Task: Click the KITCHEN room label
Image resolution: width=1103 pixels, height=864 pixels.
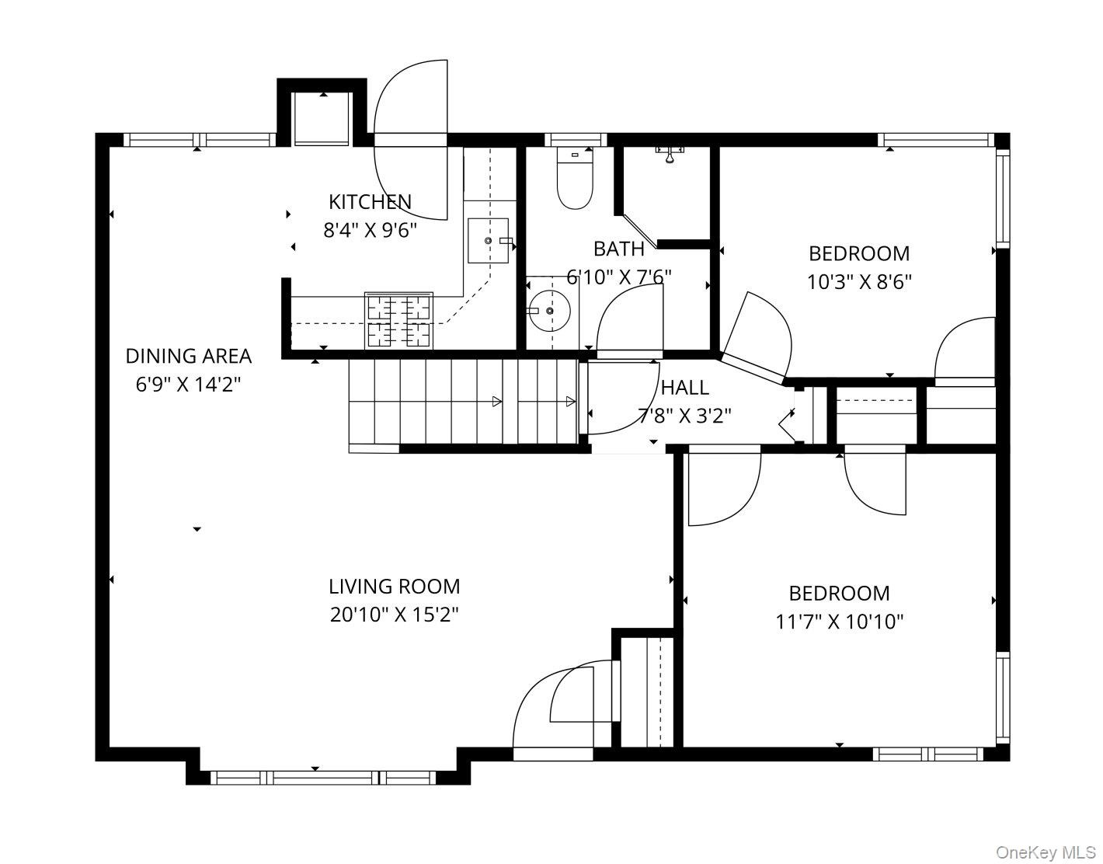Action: (x=370, y=202)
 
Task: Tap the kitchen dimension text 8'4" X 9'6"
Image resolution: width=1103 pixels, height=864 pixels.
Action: (x=370, y=231)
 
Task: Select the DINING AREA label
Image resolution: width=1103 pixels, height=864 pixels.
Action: (x=188, y=357)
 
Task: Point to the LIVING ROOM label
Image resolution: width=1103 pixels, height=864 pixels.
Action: (x=394, y=587)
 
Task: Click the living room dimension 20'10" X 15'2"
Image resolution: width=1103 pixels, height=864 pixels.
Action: (x=394, y=615)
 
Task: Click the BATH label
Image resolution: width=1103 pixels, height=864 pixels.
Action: (x=619, y=249)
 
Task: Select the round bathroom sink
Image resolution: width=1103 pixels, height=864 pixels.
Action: (x=550, y=310)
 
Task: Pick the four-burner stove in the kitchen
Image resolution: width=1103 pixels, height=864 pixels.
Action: (x=399, y=321)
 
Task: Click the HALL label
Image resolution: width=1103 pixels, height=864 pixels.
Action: (x=685, y=388)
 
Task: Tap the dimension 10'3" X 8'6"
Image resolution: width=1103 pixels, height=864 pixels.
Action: (x=859, y=282)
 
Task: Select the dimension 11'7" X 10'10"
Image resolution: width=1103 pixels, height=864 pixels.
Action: (x=840, y=622)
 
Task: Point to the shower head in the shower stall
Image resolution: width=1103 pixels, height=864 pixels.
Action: (x=670, y=155)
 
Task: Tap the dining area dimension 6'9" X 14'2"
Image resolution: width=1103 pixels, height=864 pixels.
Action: (x=188, y=385)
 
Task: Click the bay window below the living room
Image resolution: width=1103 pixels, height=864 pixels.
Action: (x=323, y=778)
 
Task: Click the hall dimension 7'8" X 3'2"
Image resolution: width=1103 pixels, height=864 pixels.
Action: (x=685, y=416)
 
